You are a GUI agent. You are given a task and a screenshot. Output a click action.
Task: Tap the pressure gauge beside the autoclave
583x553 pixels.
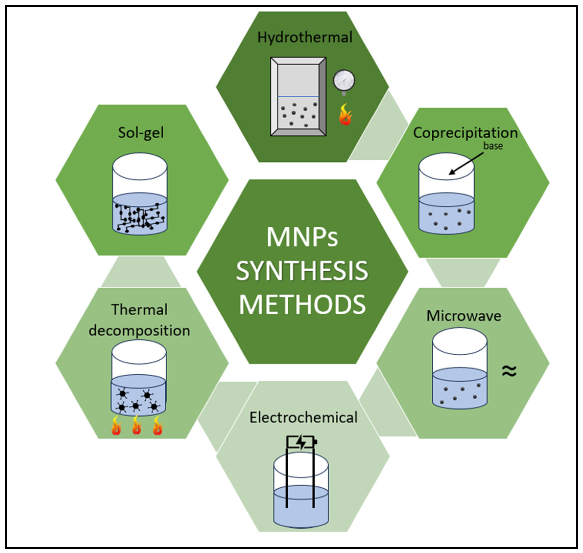tap(344, 80)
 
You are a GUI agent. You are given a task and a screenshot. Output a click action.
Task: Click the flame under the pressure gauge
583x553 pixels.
tap(345, 115)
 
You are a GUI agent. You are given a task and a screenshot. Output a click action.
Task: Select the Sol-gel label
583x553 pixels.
tap(141, 133)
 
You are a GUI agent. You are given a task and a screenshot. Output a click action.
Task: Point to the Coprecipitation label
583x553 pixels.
tap(465, 133)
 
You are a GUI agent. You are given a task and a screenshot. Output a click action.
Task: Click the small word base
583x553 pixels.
tap(493, 146)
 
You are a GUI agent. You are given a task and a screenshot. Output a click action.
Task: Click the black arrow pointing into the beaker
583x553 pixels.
tap(466, 164)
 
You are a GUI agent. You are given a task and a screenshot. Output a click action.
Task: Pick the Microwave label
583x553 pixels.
tap(464, 316)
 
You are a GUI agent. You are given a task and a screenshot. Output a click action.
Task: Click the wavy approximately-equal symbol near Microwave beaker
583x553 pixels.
tap(509, 371)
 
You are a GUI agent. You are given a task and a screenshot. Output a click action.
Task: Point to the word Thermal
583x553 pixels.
tap(139, 310)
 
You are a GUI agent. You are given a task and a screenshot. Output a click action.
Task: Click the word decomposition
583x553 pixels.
tap(139, 330)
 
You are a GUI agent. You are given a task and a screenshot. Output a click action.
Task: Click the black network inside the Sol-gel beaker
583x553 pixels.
tap(140, 217)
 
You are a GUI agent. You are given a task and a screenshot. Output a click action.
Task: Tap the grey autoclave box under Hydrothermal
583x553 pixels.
tap(298, 97)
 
